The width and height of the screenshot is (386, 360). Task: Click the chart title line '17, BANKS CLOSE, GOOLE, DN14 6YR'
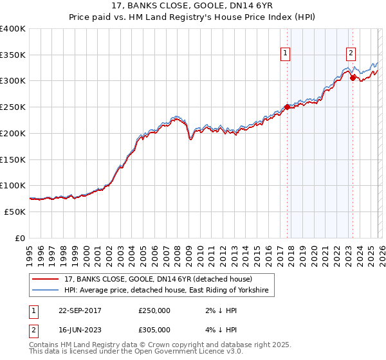coord(193,7)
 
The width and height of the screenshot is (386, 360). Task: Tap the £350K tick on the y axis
coord(13,55)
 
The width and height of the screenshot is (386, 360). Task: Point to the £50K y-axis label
coord(14,212)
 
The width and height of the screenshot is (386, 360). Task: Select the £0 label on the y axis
coord(20,238)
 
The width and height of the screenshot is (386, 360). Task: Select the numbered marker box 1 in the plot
coord(284,54)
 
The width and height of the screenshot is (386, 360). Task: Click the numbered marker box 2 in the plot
coord(351,54)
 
